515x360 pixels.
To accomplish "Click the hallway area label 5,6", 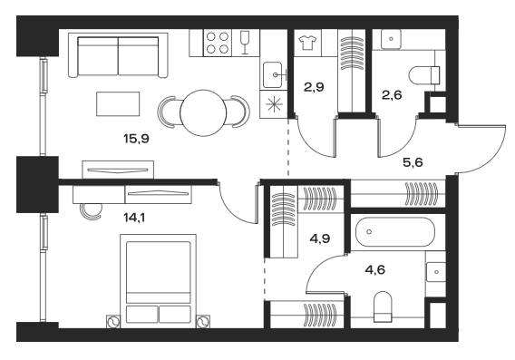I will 413,163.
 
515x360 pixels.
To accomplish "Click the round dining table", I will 204,113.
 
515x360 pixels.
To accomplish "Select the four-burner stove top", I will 218,43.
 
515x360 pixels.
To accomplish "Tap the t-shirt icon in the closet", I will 306,41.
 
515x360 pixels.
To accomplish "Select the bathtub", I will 394,233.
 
